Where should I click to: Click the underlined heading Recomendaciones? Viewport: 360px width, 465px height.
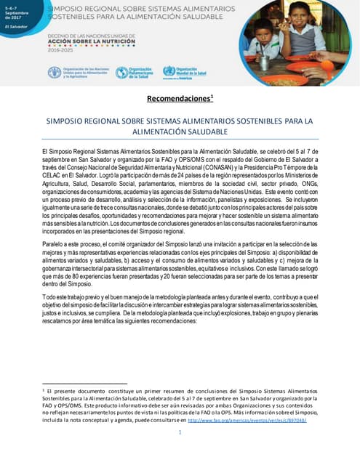point(178,97)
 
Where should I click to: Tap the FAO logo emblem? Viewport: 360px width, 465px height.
point(54,72)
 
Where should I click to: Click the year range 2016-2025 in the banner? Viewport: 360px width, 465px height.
point(60,52)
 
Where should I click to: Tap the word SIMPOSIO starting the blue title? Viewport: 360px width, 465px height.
point(65,121)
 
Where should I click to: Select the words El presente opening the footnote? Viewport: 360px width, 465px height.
point(65,391)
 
